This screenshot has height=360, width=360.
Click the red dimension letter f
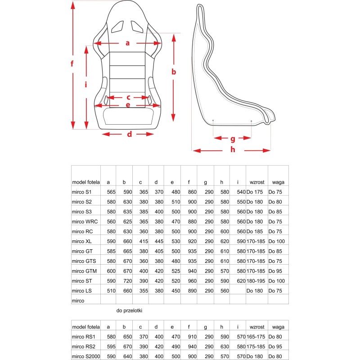72,64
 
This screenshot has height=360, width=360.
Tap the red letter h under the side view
233,150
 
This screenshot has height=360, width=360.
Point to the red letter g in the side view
233,138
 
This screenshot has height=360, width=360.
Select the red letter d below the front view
129,134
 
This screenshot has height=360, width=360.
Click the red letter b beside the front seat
174,72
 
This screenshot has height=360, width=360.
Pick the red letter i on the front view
85,84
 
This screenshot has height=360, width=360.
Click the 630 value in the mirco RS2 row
221,347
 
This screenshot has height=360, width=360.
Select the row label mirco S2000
86,357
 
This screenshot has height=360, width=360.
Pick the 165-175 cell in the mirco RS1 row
256,337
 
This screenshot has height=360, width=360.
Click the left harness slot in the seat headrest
118,27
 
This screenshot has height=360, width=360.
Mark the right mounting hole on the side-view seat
251,121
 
